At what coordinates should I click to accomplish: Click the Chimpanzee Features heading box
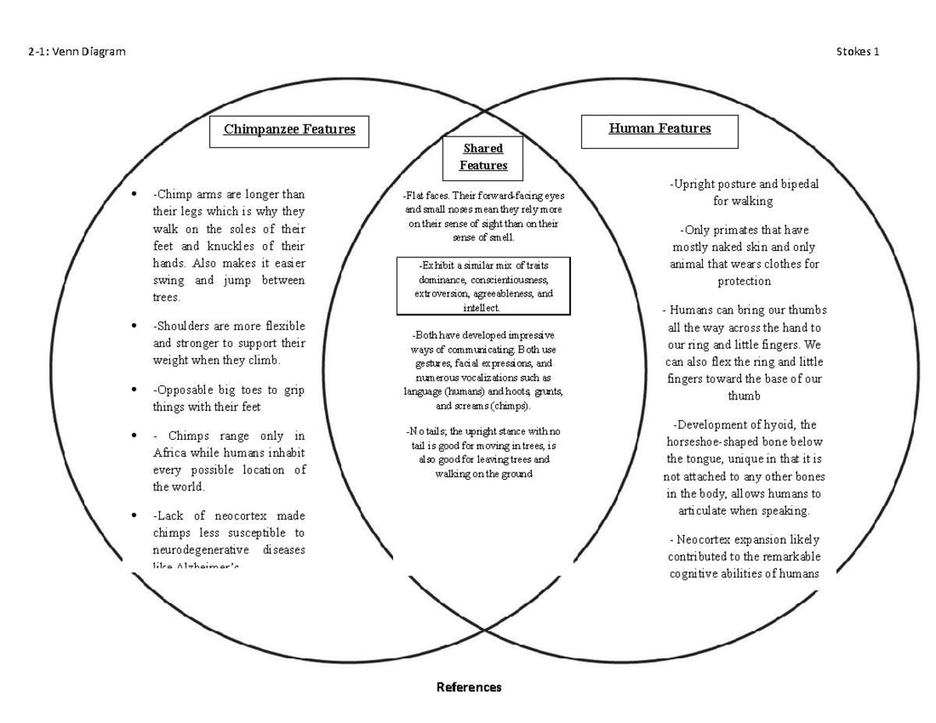289,130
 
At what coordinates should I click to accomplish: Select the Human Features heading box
660,129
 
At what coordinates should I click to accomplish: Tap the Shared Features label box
483,157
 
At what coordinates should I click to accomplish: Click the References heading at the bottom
469,687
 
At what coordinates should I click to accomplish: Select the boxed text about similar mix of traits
484,286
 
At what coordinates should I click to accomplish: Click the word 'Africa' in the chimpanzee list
171,453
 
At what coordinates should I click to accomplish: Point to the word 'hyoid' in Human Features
782,425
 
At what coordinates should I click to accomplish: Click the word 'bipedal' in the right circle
795,184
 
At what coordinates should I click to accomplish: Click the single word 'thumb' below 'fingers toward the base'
743,395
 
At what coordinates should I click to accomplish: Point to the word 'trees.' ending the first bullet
168,297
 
